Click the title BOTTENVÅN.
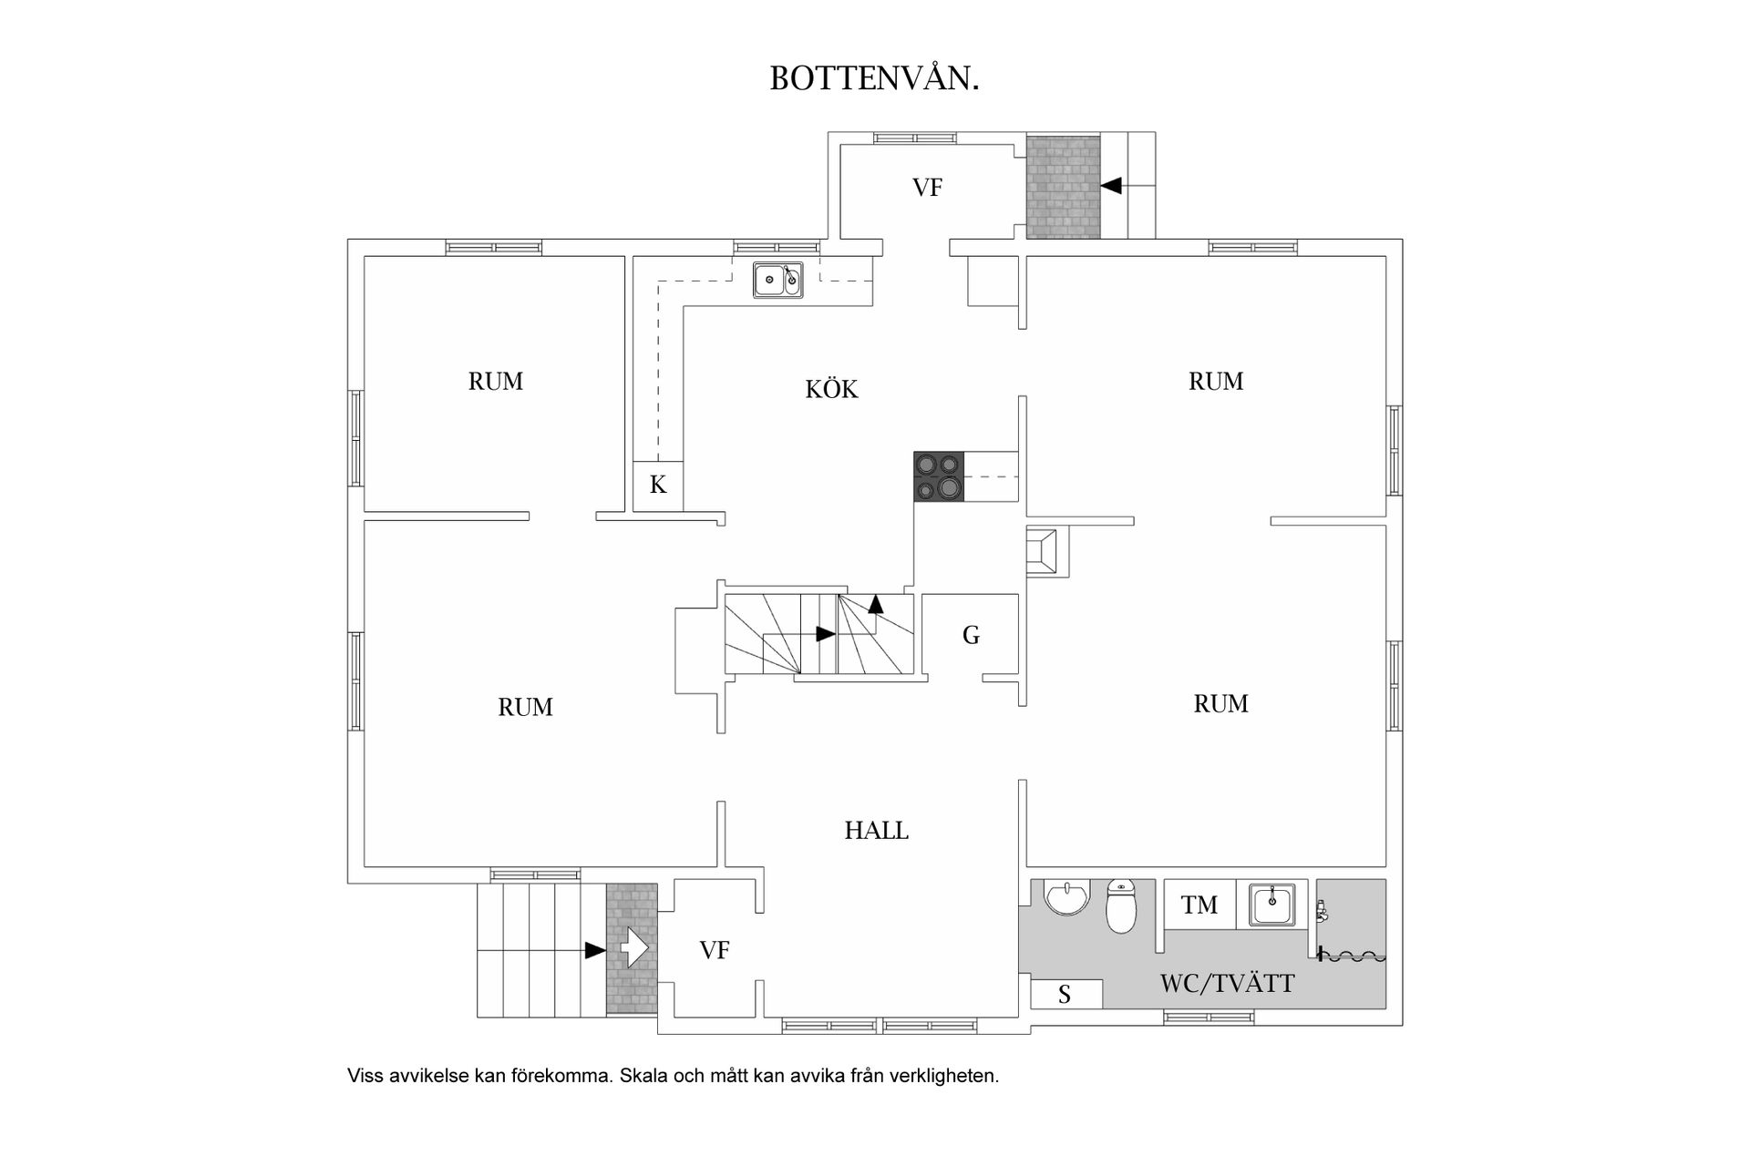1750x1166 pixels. [x=874, y=79]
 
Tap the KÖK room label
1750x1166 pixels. [x=831, y=390]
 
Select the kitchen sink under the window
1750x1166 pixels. [x=778, y=280]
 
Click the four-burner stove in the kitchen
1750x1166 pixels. [x=939, y=476]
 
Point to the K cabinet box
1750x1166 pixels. [x=657, y=486]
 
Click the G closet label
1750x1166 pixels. [x=971, y=636]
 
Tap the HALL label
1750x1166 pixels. [x=876, y=831]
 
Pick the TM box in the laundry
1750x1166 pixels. [x=1199, y=905]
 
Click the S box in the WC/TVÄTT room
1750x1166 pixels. [x=1065, y=995]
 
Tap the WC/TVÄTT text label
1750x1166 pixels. [x=1227, y=984]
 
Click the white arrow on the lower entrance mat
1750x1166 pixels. [x=633, y=948]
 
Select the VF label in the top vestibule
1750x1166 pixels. [x=927, y=188]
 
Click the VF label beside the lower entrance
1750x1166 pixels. [x=715, y=951]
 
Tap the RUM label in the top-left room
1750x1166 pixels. [x=495, y=382]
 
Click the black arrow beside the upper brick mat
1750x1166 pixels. [x=1111, y=186]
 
